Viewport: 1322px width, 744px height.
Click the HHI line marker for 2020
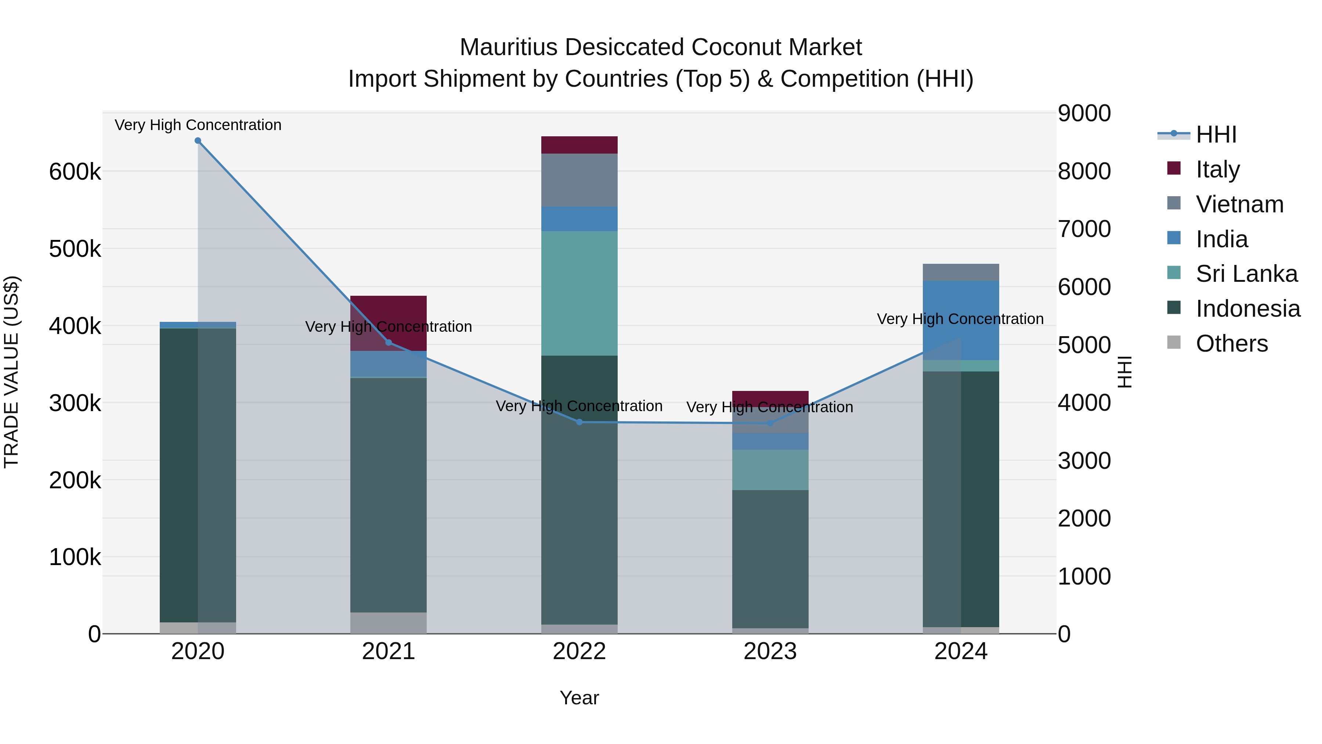tap(198, 141)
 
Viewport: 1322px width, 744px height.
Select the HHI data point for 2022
tap(579, 422)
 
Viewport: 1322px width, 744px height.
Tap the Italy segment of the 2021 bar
tap(389, 318)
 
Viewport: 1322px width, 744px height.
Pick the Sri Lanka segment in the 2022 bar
tap(579, 293)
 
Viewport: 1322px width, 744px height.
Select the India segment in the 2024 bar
tap(961, 320)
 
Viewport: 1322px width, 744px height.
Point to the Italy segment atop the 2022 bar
tap(579, 145)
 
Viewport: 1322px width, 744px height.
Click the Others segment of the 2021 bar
tap(389, 622)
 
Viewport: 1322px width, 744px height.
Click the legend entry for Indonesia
tap(1247, 309)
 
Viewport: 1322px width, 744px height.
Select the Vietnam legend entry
tap(1239, 204)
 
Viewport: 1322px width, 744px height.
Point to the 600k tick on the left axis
tap(75, 172)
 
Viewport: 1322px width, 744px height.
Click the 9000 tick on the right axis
tap(1084, 114)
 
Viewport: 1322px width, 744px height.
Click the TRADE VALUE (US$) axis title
tap(11, 372)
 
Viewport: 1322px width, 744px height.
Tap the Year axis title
tap(579, 698)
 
